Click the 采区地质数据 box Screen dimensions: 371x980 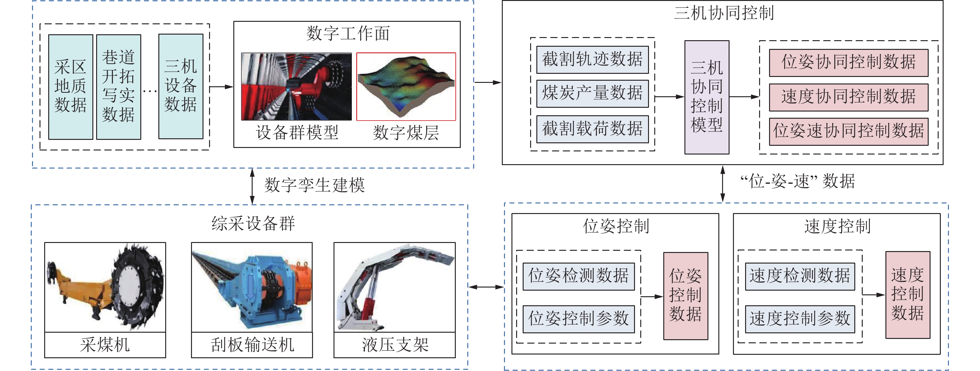70,87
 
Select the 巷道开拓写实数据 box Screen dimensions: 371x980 118,87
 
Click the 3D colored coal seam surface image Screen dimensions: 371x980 406,87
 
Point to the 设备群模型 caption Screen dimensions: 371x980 297,133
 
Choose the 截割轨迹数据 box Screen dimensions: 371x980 592,60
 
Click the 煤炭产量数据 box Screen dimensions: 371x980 592,93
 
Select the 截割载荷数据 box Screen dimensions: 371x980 592,129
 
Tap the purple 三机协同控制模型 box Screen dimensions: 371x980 707,97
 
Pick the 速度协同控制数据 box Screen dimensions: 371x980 848,97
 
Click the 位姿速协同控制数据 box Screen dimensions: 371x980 848,131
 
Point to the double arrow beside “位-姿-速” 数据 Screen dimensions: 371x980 722,183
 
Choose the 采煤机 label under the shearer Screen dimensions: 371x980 105,345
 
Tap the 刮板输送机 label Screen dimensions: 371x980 252,345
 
